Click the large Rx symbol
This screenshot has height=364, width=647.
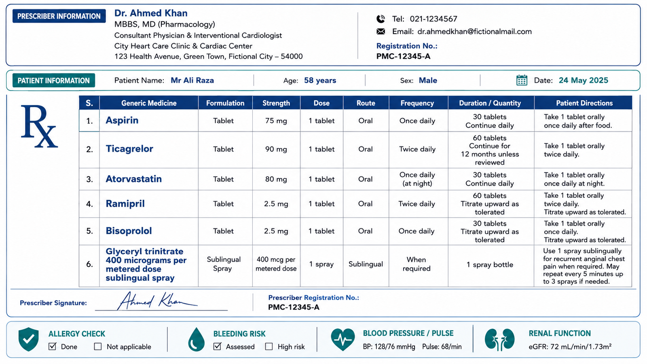tap(39, 126)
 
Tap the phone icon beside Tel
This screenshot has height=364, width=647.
tap(381, 19)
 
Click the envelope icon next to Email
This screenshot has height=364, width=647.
tap(381, 32)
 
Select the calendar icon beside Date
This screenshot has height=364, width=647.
tap(522, 80)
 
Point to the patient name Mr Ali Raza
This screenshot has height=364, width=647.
tap(192, 80)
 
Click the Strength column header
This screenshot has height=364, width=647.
tap(276, 103)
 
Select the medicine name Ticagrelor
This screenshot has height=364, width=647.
tap(129, 149)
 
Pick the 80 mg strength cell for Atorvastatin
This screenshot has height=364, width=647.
tap(276, 179)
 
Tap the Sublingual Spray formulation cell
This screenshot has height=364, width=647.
tap(224, 264)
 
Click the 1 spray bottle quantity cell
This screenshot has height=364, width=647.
tap(490, 265)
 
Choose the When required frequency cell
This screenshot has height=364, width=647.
tap(417, 264)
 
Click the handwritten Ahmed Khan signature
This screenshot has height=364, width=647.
tap(157, 301)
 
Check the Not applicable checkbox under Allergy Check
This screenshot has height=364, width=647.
tap(98, 346)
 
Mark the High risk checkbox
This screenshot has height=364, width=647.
tap(269, 346)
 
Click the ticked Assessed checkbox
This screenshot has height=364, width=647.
tap(217, 346)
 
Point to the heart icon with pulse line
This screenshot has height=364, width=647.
tap(343, 339)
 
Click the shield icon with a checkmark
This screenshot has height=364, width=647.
tap(28, 339)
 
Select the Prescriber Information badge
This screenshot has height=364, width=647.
tap(59, 16)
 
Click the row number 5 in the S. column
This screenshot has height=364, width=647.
tap(89, 231)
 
